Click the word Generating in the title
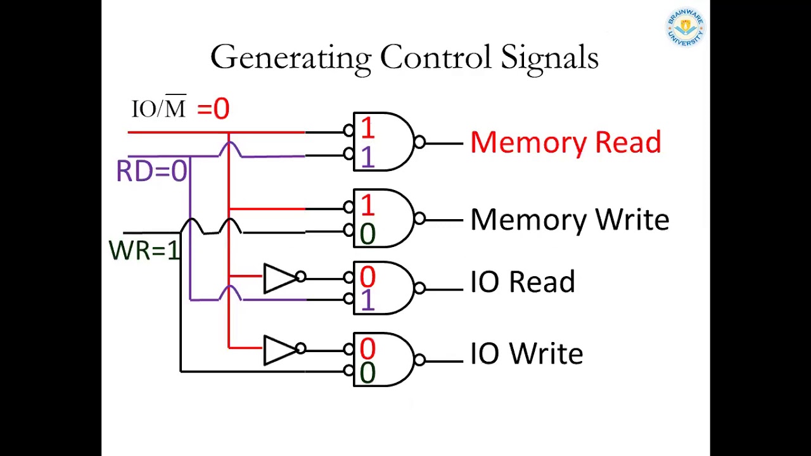(290, 58)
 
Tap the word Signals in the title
(549, 58)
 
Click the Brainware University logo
(685, 27)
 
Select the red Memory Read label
(565, 142)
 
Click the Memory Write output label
(569, 220)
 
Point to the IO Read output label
(522, 282)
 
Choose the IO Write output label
(526, 353)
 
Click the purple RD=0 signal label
(151, 172)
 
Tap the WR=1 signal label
(144, 251)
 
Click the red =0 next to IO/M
(214, 109)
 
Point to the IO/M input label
(158, 109)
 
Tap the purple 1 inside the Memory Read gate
(367, 158)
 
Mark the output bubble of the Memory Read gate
(419, 142)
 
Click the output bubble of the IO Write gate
(419, 360)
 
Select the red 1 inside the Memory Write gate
(367, 205)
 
